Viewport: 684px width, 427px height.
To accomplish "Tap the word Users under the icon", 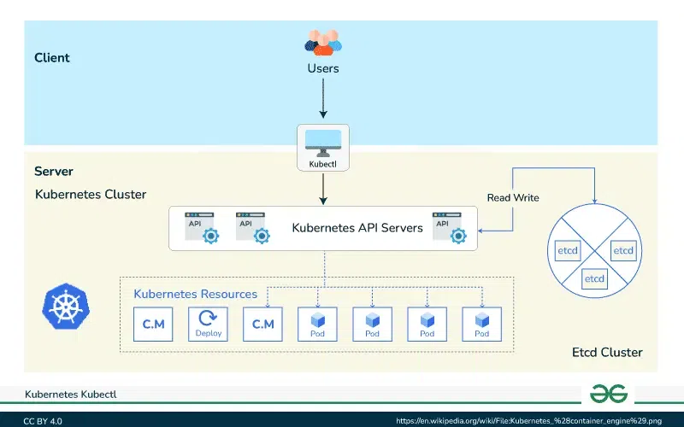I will click(323, 67).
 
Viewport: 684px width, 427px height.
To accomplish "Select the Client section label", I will click(52, 58).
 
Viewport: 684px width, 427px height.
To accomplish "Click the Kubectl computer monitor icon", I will click(323, 141).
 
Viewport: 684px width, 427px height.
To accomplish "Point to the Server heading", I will click(54, 172).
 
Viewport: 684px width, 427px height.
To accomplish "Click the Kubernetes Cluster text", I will click(91, 195).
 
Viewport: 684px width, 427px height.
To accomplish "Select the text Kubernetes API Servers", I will click(357, 228).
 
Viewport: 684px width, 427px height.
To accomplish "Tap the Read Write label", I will click(513, 198).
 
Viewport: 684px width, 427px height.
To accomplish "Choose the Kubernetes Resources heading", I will click(195, 294).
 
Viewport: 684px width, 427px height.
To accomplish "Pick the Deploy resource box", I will click(208, 324).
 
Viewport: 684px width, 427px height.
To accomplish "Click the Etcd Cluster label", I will click(607, 353).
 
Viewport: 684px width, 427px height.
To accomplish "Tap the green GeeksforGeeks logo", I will click(608, 393).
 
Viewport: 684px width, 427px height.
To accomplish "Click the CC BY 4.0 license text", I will click(43, 421).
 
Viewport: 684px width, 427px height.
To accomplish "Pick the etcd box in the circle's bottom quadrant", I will click(594, 278).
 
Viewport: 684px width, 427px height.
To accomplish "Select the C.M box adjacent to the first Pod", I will click(262, 324).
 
